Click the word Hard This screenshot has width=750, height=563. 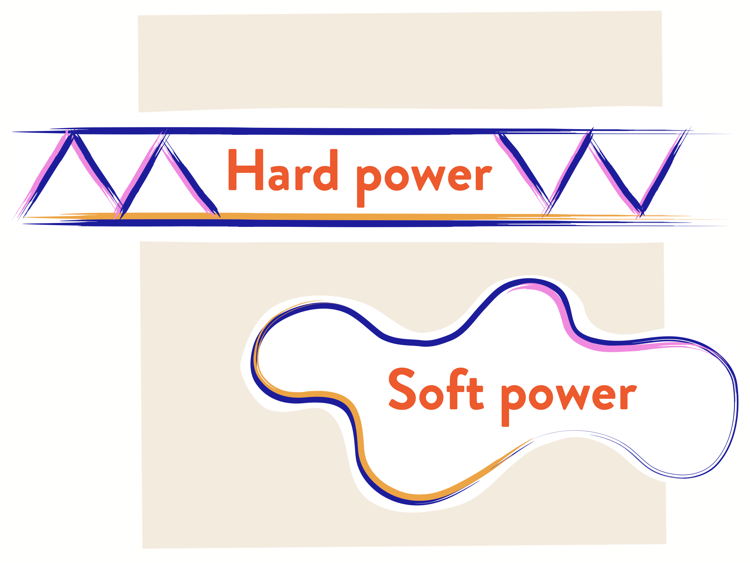pos(283,170)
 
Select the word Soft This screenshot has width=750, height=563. pos(436,389)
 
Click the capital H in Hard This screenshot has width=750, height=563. pos(245,170)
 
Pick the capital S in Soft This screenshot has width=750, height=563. pos(403,389)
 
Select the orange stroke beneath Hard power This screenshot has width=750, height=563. pos(315,216)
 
